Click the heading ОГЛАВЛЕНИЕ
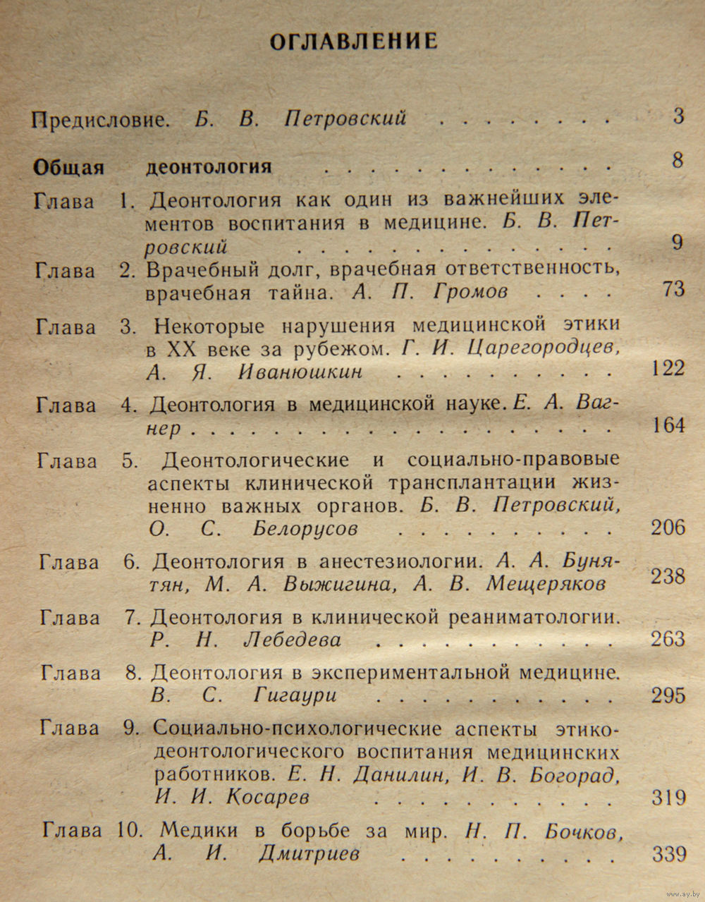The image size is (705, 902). pyautogui.click(x=354, y=41)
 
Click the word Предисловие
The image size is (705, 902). pyautogui.click(x=100, y=118)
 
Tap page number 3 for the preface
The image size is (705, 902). pyautogui.click(x=678, y=116)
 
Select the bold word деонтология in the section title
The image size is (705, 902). pyautogui.click(x=209, y=167)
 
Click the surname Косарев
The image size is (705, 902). pyautogui.click(x=269, y=797)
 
